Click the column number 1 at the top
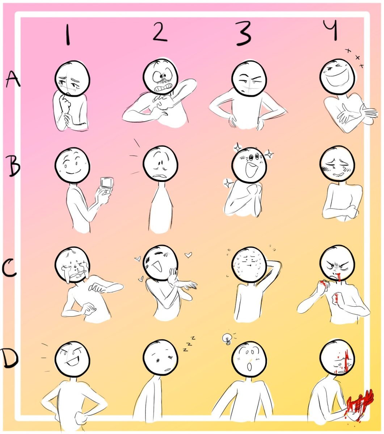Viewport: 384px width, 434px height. tap(68, 34)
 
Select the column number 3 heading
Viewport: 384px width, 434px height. tap(243, 33)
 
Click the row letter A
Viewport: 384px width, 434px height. tap(13, 79)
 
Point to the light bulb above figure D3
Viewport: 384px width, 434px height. tap(227, 339)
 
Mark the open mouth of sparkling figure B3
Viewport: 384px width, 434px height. tap(251, 170)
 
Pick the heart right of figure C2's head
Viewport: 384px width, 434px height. tap(188, 255)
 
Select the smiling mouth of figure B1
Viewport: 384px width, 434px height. tap(73, 171)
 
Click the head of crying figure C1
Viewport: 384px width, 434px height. tap(72, 265)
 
